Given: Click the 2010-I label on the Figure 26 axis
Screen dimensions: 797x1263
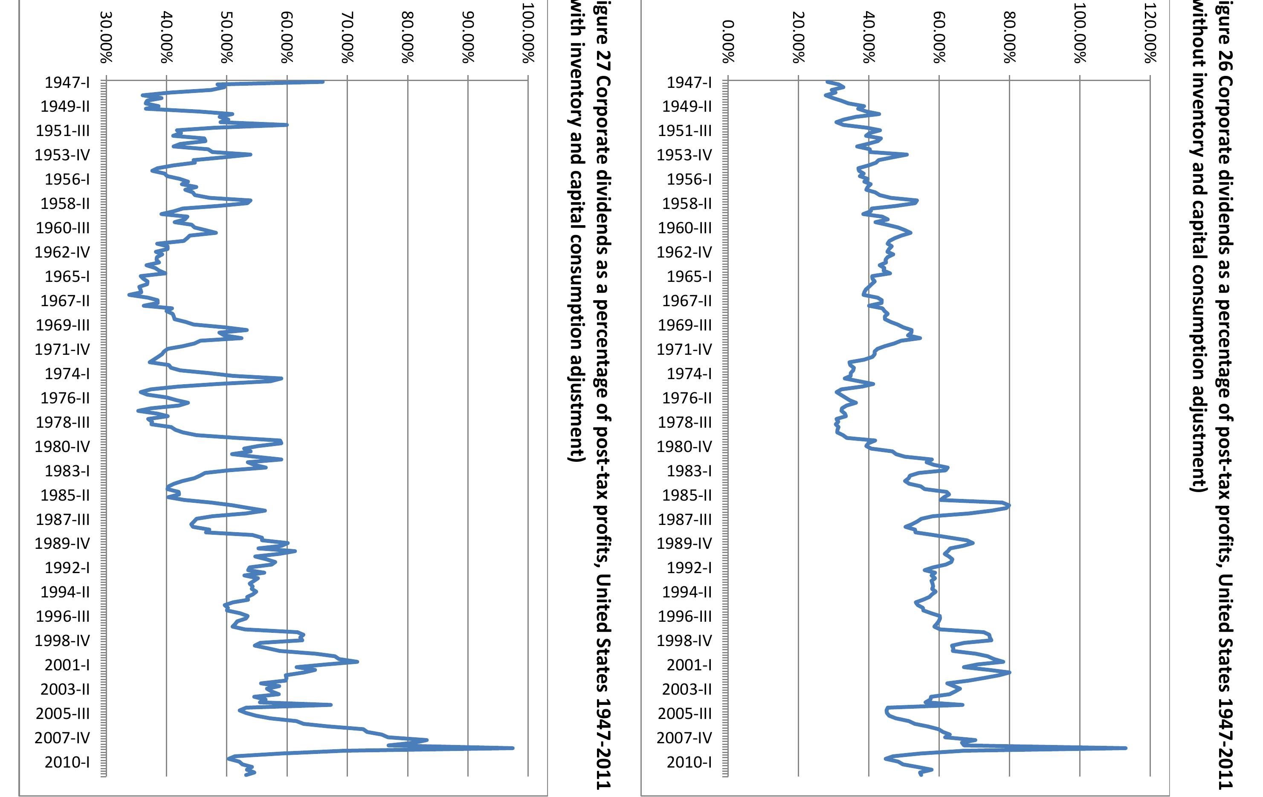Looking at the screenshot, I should coord(689,762).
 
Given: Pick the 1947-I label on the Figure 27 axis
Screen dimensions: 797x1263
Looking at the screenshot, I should coord(67,82).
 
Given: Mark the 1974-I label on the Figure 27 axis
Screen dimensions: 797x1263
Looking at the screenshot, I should coord(67,374).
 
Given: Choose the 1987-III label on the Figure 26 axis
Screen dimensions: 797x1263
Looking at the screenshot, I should coord(684,519).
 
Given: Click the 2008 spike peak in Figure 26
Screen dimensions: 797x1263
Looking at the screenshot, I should coord(1126,748).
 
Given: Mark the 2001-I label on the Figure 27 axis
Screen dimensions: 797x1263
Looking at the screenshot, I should coord(67,665).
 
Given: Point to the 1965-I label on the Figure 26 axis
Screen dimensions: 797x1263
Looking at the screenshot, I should coord(689,276).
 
